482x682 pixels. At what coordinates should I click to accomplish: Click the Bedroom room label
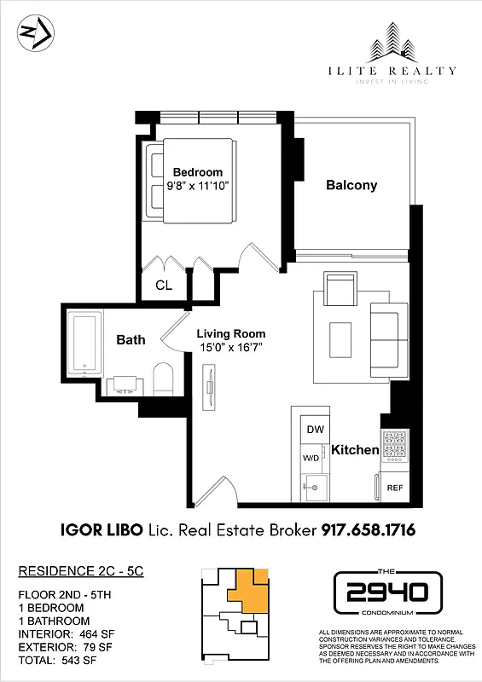(197, 172)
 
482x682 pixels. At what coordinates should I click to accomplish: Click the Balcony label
(351, 185)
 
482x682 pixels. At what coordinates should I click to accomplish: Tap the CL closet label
(163, 286)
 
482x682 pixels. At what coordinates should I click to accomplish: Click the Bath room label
(131, 339)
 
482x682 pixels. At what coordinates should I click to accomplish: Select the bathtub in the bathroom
(85, 344)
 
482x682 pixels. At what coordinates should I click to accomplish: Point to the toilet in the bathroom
(164, 379)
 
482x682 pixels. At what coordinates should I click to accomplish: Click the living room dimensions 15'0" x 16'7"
(231, 349)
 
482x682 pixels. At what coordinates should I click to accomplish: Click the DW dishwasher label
(315, 431)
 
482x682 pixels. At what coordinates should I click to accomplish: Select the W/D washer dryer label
(312, 458)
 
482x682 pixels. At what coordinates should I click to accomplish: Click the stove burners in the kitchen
(395, 447)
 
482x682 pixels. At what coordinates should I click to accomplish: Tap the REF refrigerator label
(395, 488)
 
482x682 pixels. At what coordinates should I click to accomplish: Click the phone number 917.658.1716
(368, 530)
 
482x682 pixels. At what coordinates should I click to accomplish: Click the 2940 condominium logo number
(386, 589)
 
